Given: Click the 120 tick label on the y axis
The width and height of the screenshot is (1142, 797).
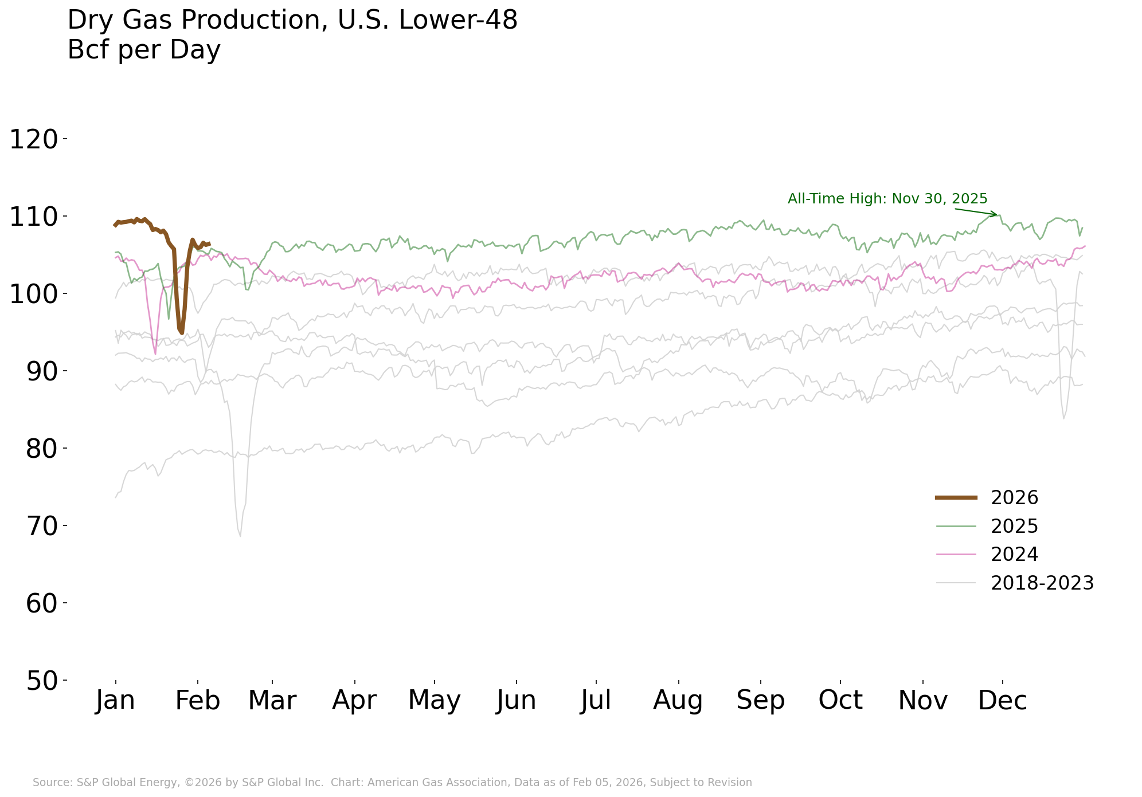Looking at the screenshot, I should click(34, 140).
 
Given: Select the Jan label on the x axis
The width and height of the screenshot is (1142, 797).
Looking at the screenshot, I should click(115, 700).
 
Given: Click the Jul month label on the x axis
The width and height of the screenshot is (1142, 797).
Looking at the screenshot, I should click(596, 700).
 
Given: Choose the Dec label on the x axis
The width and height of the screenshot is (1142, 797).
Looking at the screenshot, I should click(1002, 700).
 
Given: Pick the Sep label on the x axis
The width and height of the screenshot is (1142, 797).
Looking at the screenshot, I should click(760, 700).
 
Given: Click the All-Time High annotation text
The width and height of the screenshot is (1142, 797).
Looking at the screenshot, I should click(887, 199).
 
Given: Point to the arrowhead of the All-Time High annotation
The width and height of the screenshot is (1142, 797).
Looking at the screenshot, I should click(996, 215).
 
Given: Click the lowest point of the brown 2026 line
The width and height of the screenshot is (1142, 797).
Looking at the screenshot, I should click(182, 333).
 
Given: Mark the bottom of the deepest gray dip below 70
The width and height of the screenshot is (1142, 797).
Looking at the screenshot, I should click(240, 536).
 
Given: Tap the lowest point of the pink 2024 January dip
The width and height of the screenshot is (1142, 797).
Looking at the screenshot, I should click(155, 354).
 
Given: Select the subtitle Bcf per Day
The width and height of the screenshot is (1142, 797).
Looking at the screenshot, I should click(144, 50).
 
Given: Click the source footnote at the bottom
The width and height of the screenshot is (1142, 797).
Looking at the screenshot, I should click(392, 783).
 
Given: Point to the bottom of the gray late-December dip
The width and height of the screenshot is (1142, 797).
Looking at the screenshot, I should click(1063, 418).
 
